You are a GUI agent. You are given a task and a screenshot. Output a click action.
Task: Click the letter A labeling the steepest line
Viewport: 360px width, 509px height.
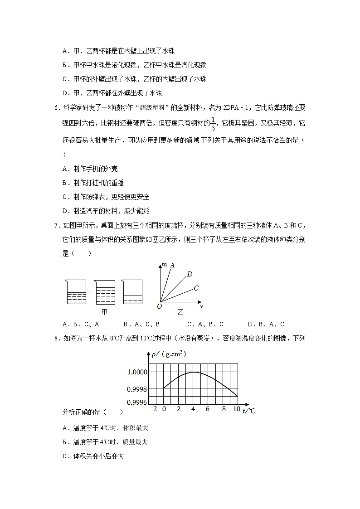pyautogui.click(x=172, y=265)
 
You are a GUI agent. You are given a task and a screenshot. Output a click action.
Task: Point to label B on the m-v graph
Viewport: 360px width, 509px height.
pyautogui.click(x=190, y=274)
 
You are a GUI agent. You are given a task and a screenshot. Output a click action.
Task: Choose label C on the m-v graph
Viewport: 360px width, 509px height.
pyautogui.click(x=196, y=288)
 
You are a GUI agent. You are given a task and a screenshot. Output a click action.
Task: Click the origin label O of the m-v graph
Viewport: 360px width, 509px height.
pyautogui.click(x=159, y=306)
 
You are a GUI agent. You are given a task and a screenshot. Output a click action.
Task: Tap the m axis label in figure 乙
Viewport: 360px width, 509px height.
pyautogui.click(x=164, y=264)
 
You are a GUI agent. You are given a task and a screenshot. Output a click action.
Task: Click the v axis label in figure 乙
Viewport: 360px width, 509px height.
pyautogui.click(x=201, y=306)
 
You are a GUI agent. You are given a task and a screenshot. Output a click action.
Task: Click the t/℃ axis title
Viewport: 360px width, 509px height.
pyautogui.click(x=249, y=411)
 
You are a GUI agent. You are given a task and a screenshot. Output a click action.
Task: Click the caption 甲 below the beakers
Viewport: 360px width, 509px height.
pyautogui.click(x=104, y=312)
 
